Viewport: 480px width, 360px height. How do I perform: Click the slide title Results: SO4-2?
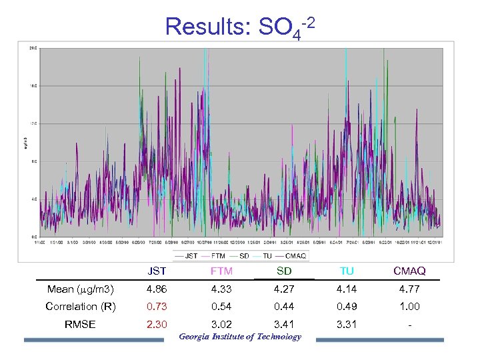[240, 27]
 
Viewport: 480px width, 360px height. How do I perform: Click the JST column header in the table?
[157, 271]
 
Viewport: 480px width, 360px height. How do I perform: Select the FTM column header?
[221, 271]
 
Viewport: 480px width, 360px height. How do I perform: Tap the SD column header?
[284, 271]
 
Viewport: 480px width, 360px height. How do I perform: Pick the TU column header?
[347, 271]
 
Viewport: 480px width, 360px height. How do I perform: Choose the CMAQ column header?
[409, 271]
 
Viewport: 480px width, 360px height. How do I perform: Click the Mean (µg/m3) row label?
[81, 289]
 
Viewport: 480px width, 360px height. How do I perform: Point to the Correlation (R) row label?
[81, 307]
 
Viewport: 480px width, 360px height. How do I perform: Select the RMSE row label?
[80, 324]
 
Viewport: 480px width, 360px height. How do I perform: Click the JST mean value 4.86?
[157, 289]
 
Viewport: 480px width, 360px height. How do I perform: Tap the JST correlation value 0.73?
[157, 307]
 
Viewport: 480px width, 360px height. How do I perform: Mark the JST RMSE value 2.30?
[157, 324]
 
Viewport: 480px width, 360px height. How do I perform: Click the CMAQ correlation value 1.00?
[409, 307]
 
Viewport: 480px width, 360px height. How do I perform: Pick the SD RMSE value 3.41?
[284, 324]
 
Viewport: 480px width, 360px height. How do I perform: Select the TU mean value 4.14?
[347, 289]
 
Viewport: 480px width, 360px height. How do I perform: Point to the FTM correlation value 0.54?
[221, 307]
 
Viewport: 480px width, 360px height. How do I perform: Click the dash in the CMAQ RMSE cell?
[409, 325]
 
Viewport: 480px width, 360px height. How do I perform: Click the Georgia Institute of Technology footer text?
[240, 337]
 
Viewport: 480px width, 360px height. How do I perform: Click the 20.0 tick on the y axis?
[33, 48]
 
